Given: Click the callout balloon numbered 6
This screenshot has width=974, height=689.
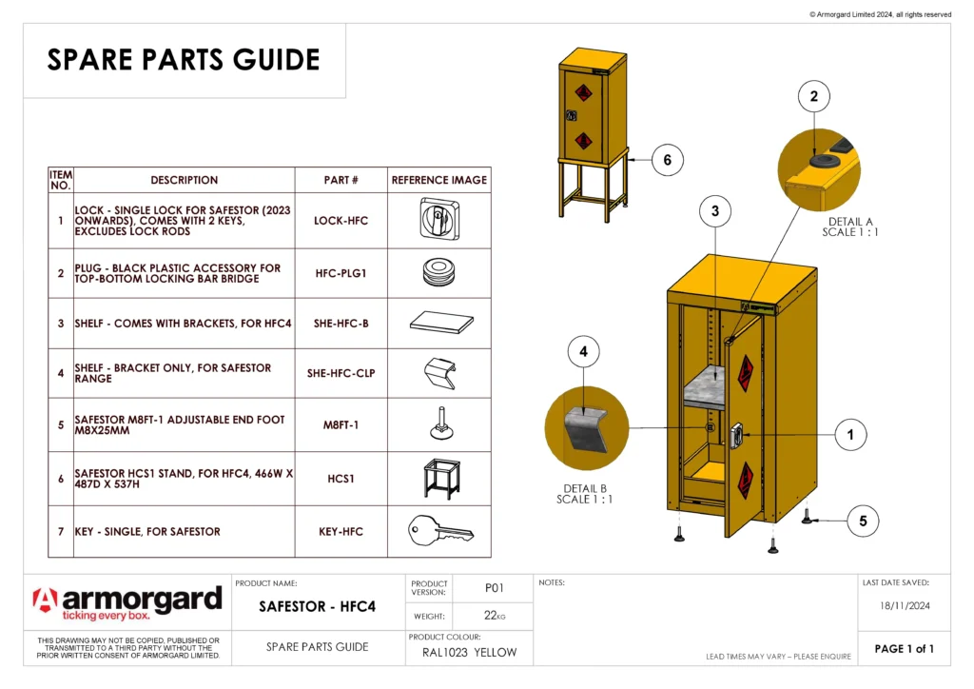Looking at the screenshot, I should (x=667, y=160).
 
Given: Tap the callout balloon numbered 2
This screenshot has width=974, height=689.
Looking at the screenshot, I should (x=813, y=96).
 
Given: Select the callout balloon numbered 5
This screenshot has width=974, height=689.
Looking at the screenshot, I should (x=863, y=521).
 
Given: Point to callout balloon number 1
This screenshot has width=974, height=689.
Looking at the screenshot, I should (x=850, y=435).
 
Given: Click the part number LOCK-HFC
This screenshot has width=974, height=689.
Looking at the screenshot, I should (x=341, y=221).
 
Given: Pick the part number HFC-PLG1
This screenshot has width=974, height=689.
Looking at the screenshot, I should (x=341, y=273).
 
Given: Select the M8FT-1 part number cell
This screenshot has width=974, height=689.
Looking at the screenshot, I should (x=341, y=424).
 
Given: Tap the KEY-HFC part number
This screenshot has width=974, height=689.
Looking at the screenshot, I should (x=341, y=531).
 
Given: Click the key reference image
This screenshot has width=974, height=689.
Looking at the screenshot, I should (x=439, y=531).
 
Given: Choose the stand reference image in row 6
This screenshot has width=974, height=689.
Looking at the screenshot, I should (x=439, y=478).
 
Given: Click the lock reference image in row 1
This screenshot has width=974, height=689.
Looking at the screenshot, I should (x=439, y=220).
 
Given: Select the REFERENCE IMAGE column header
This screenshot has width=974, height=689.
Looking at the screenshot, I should (x=439, y=180).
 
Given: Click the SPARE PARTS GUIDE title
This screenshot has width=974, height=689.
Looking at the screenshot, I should (x=184, y=60).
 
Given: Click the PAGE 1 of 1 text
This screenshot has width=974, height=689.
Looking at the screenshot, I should (x=904, y=649).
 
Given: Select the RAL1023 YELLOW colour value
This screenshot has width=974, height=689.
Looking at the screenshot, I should (x=469, y=653).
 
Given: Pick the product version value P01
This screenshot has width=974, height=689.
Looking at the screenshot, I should (x=494, y=588).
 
